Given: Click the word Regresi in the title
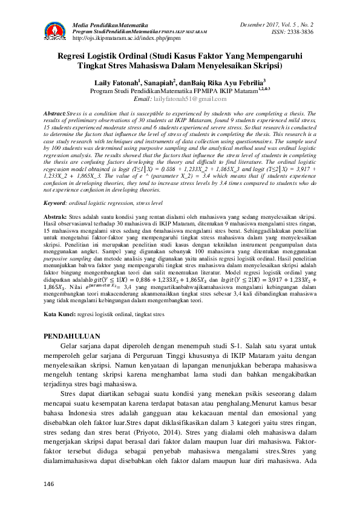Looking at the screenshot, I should (74, 55).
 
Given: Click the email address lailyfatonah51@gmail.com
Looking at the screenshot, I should (194, 99).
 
